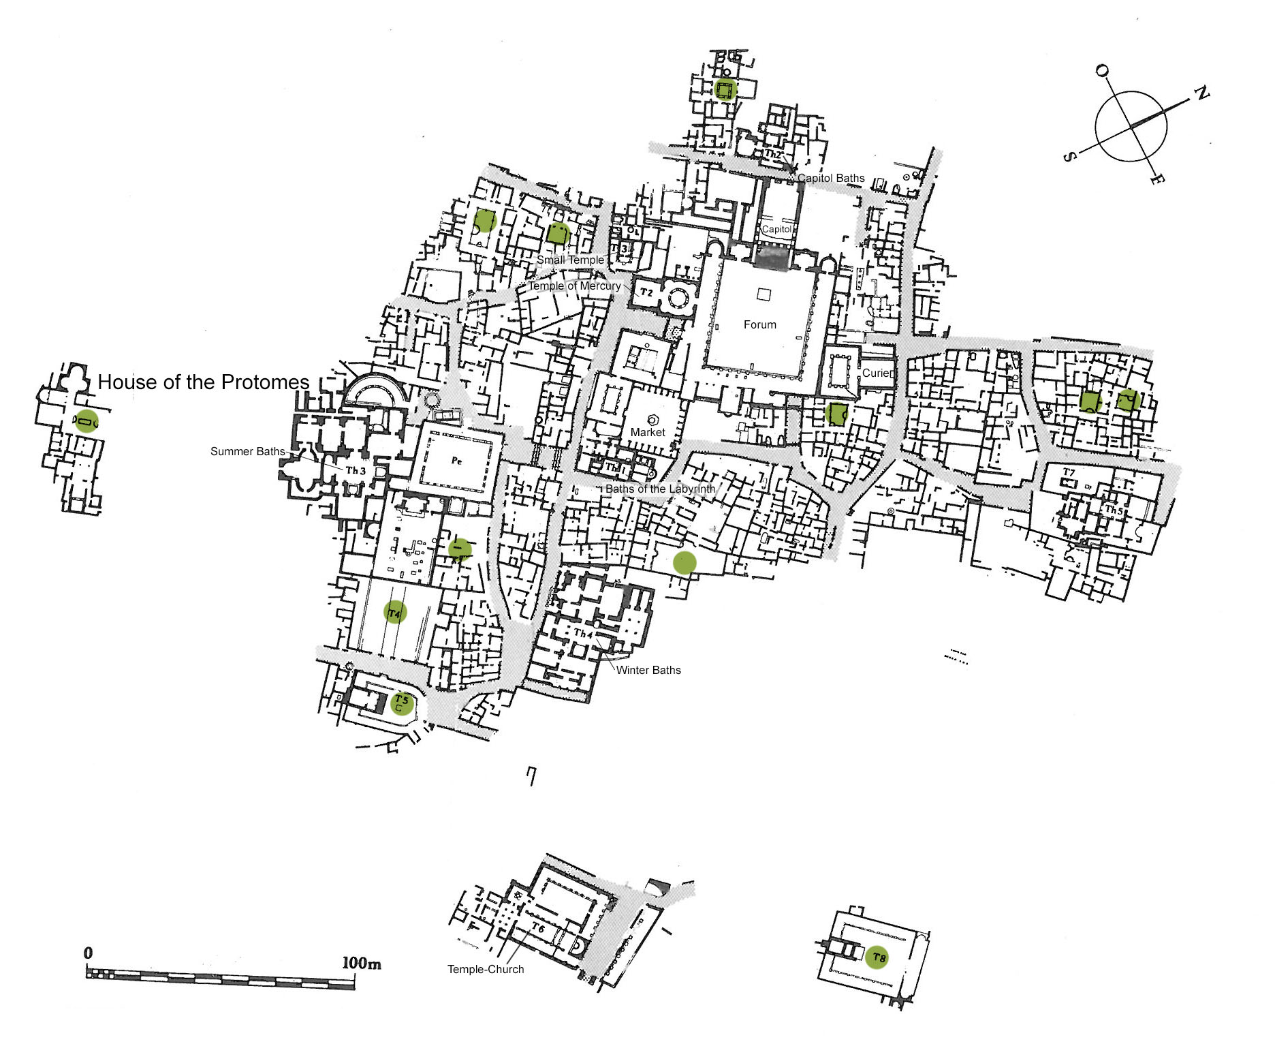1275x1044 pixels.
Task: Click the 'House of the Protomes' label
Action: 204,382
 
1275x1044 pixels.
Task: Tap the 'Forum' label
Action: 759,325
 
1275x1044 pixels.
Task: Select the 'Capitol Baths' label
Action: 831,179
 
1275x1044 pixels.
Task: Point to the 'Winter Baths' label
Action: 648,671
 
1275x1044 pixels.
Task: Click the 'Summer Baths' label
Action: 247,451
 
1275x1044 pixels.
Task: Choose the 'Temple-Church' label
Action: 486,969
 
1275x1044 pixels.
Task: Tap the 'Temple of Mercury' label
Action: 575,286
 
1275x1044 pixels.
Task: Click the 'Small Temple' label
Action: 570,260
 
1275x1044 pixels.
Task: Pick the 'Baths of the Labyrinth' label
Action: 660,489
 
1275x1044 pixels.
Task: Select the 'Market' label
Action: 648,432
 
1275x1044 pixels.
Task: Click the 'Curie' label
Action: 876,373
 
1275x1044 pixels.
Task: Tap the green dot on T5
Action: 402,703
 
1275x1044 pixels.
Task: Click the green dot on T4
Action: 395,612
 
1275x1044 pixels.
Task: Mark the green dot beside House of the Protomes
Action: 86,421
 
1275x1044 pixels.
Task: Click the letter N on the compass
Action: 1201,93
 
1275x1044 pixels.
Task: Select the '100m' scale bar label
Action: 361,963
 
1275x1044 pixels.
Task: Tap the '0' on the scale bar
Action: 88,953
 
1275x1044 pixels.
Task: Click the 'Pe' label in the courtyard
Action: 456,461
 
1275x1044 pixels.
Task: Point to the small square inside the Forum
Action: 764,294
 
